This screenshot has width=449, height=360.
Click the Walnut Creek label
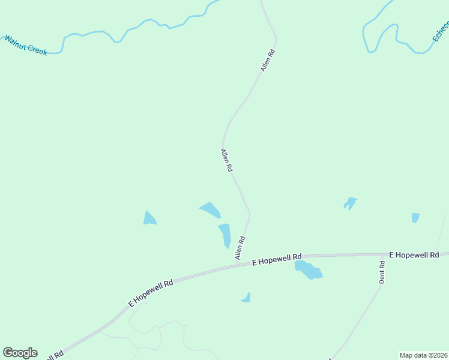pos(26,46)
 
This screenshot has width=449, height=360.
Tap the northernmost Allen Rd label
pos(268,61)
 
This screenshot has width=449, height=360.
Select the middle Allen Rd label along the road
pos(226,161)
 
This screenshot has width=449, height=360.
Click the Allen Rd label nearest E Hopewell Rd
pos(240,248)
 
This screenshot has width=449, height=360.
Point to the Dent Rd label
pos(382,272)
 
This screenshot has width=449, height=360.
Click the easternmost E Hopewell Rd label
pos(414,255)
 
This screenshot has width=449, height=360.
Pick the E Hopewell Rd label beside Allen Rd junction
pos(277,259)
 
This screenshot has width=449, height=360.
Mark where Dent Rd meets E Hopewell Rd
pos(382,254)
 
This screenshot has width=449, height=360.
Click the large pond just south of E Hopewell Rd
pos(308,270)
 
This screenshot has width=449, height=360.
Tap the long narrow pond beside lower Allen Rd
pos(224,235)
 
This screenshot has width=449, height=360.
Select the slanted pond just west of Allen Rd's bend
pos(210,210)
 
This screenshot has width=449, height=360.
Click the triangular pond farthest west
pos(149,218)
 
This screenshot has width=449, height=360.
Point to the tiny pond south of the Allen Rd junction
pos(246,298)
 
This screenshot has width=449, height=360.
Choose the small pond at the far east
pos(415,217)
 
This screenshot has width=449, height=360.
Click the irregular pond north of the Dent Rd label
pos(350,203)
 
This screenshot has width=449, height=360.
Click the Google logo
pos(20,353)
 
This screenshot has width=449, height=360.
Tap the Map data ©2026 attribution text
pos(423,355)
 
